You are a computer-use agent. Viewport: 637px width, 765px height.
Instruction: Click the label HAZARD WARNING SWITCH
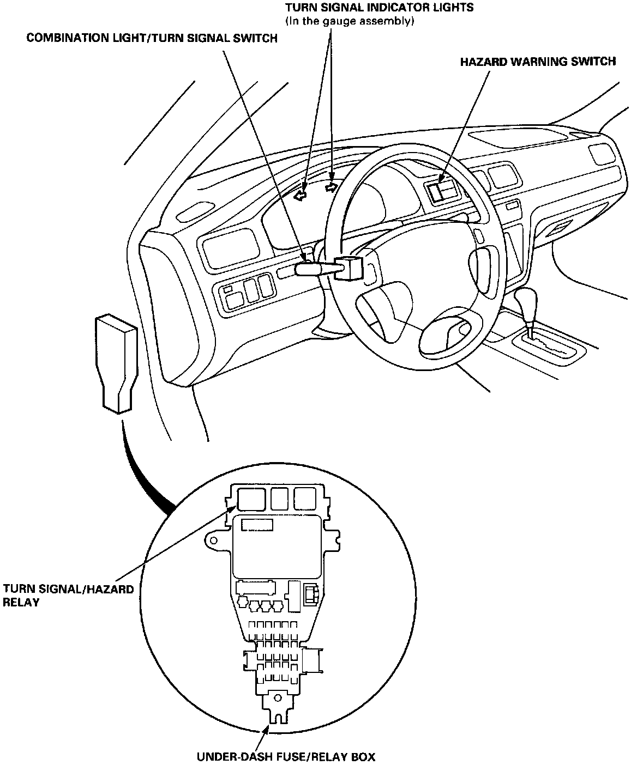pos(538,61)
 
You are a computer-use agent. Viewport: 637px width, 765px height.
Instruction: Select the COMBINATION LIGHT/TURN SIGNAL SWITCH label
pos(152,38)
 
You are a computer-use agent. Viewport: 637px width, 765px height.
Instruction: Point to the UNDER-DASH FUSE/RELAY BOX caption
pos(286,756)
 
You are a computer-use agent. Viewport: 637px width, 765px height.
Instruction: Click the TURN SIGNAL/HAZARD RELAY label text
pos(68,596)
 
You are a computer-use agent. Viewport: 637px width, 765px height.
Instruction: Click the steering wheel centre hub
pos(414,305)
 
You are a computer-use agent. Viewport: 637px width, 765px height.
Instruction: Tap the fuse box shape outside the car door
pos(116,360)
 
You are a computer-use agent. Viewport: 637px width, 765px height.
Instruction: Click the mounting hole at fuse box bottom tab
pos(278,697)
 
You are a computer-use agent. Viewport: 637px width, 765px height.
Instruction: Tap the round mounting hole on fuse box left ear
pos(213,541)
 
